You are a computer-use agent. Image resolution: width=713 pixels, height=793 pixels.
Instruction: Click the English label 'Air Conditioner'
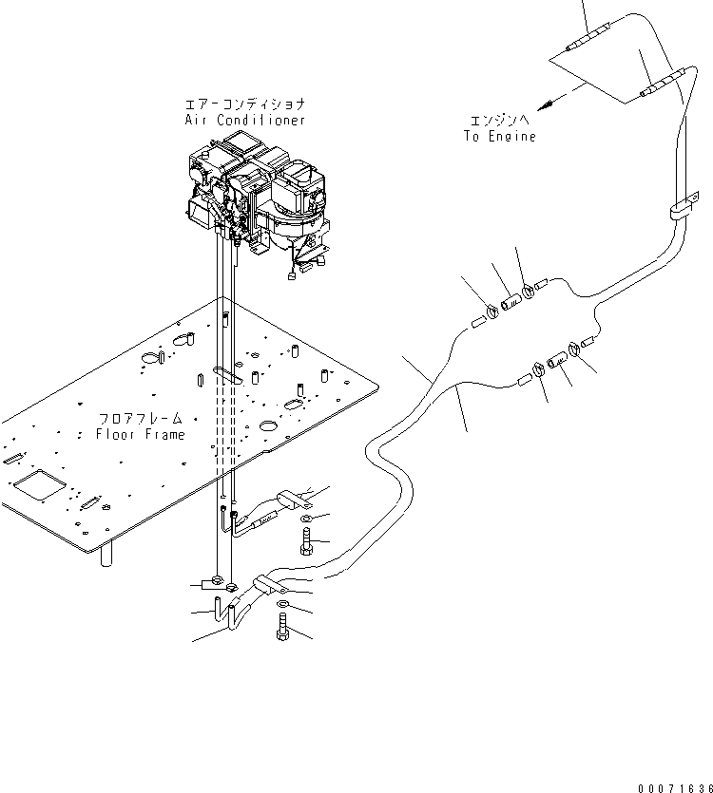click(244, 121)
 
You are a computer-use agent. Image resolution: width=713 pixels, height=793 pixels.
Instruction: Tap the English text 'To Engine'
click(500, 136)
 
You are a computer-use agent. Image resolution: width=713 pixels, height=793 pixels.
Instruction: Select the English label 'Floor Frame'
click(141, 434)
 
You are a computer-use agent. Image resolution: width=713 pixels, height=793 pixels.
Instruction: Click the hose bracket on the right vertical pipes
click(682, 210)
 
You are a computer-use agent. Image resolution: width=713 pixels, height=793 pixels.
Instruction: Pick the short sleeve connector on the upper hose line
click(511, 300)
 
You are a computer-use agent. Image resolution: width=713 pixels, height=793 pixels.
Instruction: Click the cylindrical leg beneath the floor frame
click(106, 554)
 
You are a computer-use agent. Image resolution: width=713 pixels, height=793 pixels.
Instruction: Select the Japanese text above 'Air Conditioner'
click(245, 104)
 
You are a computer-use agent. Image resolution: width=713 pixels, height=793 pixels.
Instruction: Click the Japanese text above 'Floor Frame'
click(140, 419)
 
